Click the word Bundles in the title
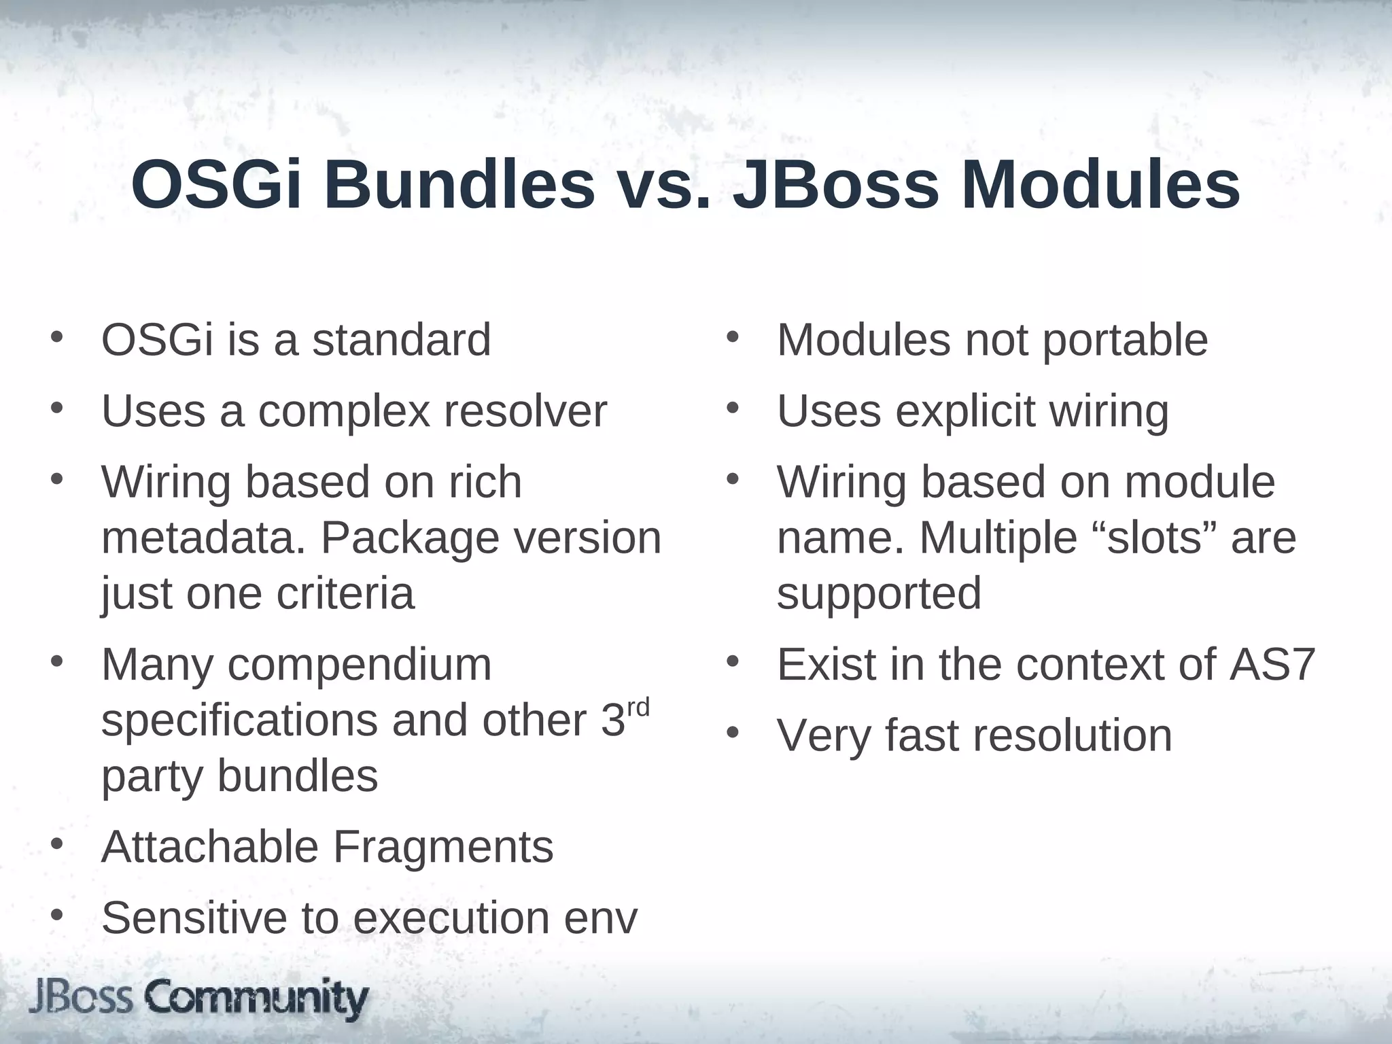459,186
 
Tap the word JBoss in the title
835,186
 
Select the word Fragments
442,847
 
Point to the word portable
1125,341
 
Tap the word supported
879,593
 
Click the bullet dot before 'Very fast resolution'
732,734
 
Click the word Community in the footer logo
256,998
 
